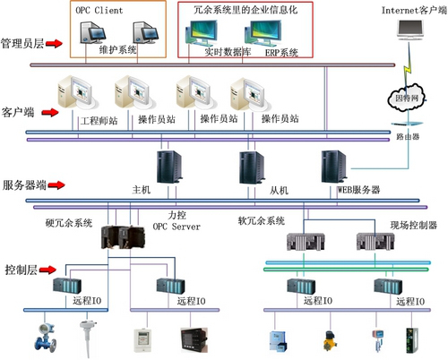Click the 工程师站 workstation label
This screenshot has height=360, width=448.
pyautogui.click(x=99, y=119)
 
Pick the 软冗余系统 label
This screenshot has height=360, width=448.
pyautogui.click(x=262, y=220)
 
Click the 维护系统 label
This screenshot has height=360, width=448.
pyautogui.click(x=119, y=51)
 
